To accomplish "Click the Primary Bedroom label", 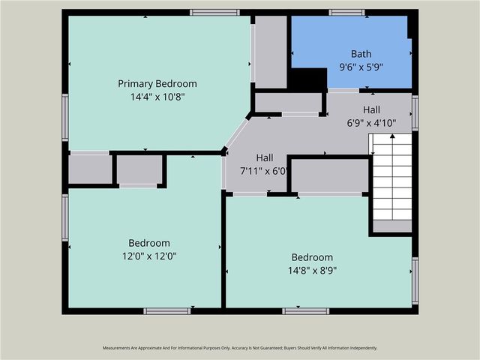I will click(x=157, y=83).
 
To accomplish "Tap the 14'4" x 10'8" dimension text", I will click(x=157, y=97).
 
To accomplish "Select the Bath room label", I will click(x=361, y=54).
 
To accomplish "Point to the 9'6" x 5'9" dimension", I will click(x=361, y=67).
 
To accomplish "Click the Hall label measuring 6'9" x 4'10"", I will click(x=371, y=109).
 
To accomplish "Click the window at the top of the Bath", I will click(x=346, y=12).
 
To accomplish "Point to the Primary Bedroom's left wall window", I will click(x=65, y=117).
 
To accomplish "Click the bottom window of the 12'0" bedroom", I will click(x=166, y=310).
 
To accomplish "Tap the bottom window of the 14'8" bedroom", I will click(x=305, y=310).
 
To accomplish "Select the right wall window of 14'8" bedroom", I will click(x=415, y=281).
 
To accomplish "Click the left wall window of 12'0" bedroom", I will click(x=65, y=217).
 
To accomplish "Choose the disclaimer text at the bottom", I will click(x=240, y=348).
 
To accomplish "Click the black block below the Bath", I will click(x=307, y=79).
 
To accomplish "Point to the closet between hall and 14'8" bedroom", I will click(x=328, y=175).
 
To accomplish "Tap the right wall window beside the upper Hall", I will click(x=415, y=112).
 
